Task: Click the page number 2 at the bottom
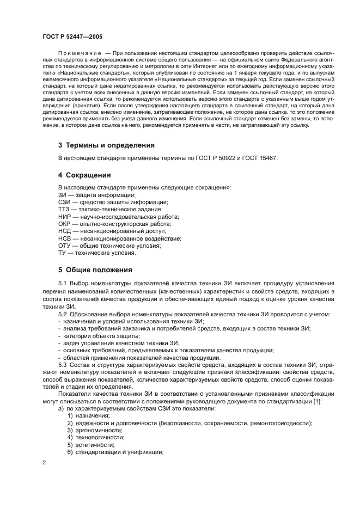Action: point(44,463)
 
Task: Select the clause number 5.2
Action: point(63,314)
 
